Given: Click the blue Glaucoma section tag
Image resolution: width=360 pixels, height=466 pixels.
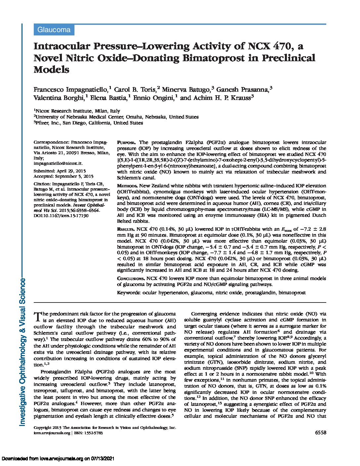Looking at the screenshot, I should [54, 30].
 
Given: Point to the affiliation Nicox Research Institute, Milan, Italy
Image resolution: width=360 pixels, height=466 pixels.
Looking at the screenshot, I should [77, 111].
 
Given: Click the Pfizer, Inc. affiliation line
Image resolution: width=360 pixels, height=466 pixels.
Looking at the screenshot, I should [88, 123].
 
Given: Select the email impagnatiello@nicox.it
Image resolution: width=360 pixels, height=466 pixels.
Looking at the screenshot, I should [58, 163].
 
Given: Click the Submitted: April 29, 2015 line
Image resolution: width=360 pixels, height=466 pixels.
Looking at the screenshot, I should [60, 171].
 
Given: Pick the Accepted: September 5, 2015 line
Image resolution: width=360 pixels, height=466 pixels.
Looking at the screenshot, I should [64, 176].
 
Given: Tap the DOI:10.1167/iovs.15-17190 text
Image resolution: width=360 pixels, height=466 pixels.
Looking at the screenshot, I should [61, 215].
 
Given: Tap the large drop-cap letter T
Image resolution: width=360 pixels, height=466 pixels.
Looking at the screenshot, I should [37, 317].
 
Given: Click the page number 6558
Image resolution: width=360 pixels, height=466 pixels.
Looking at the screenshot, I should [321, 433].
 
